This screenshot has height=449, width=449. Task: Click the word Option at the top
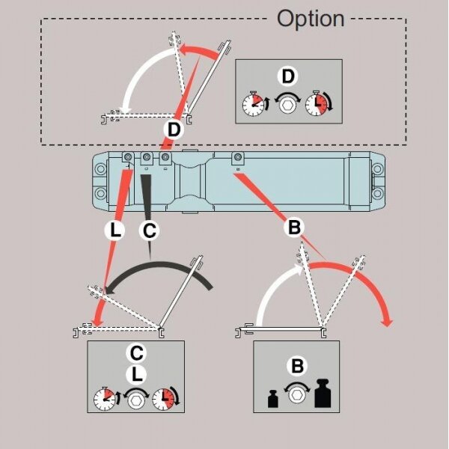[x=311, y=18]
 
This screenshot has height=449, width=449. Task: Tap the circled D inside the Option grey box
[x=287, y=76]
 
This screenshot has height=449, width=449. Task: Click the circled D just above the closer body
[x=174, y=129]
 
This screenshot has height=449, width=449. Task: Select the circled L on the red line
[x=114, y=231]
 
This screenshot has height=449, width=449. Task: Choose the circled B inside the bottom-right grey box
[x=298, y=366]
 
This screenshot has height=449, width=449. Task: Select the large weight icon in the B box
[x=323, y=394]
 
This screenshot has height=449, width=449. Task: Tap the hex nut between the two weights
[x=298, y=397]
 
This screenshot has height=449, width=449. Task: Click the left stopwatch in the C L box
[x=105, y=400]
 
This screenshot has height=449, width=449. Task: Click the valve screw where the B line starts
[x=237, y=159]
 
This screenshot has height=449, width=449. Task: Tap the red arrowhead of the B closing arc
[x=386, y=321]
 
